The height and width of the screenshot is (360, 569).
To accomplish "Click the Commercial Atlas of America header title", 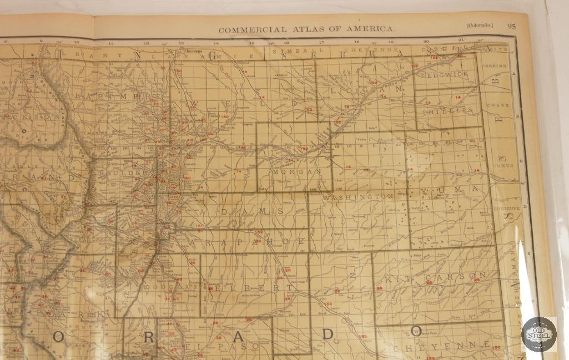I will (307, 28).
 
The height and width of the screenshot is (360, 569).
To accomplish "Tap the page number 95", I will (511, 26).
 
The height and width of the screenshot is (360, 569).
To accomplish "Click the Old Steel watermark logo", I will (538, 334).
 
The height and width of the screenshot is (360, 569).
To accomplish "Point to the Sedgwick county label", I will (445, 74).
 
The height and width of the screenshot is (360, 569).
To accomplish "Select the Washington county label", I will (358, 197).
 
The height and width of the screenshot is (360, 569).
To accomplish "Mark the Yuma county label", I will (450, 190).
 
